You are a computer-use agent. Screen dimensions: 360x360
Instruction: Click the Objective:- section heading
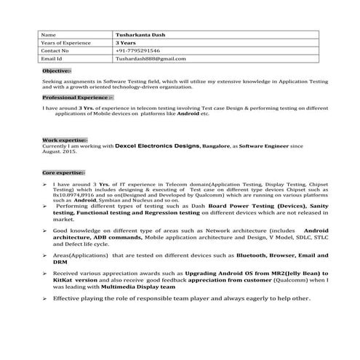56,71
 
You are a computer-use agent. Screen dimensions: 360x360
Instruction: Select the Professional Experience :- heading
78,97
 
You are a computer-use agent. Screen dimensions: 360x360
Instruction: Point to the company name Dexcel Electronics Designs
156,146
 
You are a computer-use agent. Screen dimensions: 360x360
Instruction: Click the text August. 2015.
60,152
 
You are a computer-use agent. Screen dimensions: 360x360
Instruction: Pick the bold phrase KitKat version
76,280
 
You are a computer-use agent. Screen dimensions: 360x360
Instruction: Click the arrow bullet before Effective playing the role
45,298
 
